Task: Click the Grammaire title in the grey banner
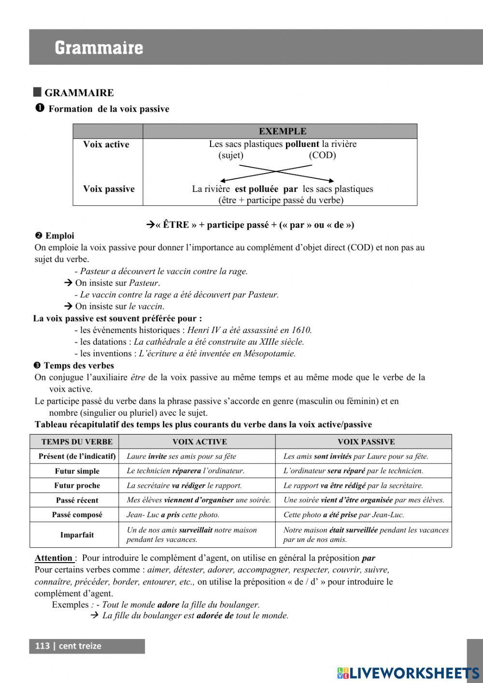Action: coord(99,48)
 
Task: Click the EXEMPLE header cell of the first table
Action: coord(282,131)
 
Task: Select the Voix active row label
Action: coord(106,145)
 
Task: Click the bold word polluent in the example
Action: coord(302,144)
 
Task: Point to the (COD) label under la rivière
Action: coord(322,155)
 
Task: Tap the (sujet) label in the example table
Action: coord(231,155)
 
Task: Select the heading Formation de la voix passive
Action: coord(109,109)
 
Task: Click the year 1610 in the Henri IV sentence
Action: coord(301,330)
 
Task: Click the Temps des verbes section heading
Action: coord(79,365)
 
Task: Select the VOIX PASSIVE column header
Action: coord(366,442)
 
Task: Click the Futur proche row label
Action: coord(77,486)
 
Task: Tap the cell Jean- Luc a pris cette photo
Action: coord(173,515)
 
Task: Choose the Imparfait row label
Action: coord(77,535)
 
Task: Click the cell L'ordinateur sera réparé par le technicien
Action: coord(353,471)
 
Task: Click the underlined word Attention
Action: coord(54,558)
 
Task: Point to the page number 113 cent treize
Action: coord(68,646)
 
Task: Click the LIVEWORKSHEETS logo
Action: coord(408,673)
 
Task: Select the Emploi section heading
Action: coord(59,236)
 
